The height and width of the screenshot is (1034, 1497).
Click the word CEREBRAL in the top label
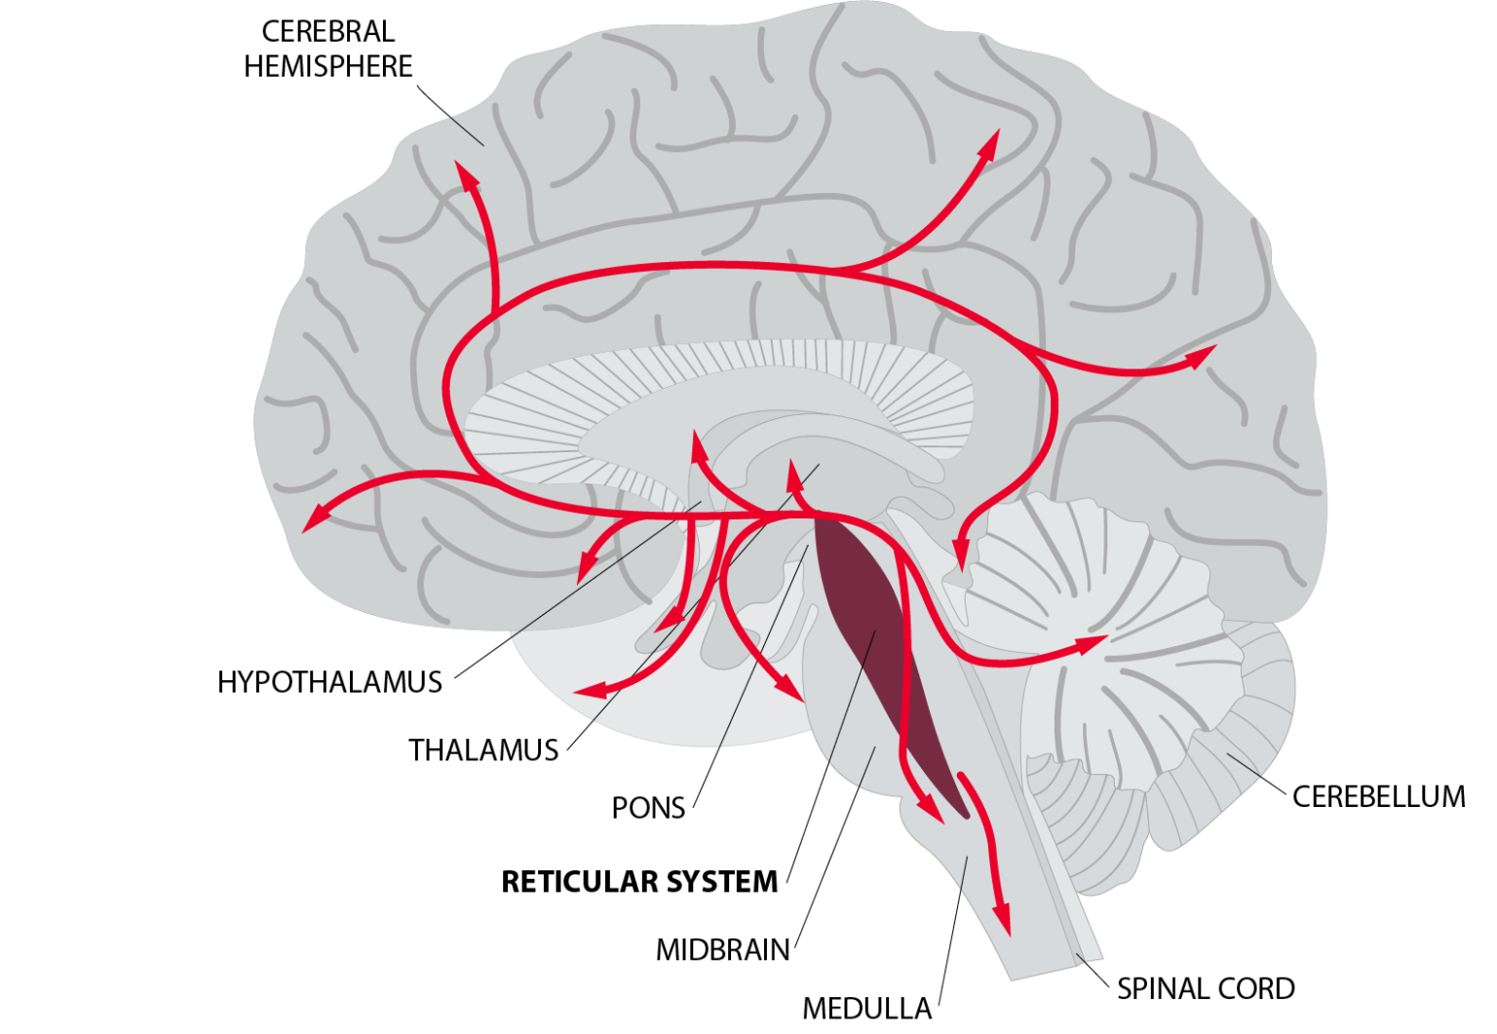click(327, 31)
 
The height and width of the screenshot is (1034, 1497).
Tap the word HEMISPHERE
click(327, 66)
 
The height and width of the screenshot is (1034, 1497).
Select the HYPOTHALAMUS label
click(329, 681)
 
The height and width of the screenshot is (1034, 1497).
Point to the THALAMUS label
click(483, 749)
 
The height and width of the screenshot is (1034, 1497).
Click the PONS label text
click(648, 808)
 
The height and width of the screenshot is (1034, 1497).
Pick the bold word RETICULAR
click(576, 881)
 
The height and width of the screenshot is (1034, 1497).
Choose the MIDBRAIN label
click(722, 949)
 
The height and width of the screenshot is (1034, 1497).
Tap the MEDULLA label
click(866, 1008)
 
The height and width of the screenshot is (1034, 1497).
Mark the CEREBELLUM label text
click(1378, 796)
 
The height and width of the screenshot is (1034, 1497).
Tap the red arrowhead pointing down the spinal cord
click(1001, 920)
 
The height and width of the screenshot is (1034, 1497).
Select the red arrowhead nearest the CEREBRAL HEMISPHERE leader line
click(468, 176)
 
